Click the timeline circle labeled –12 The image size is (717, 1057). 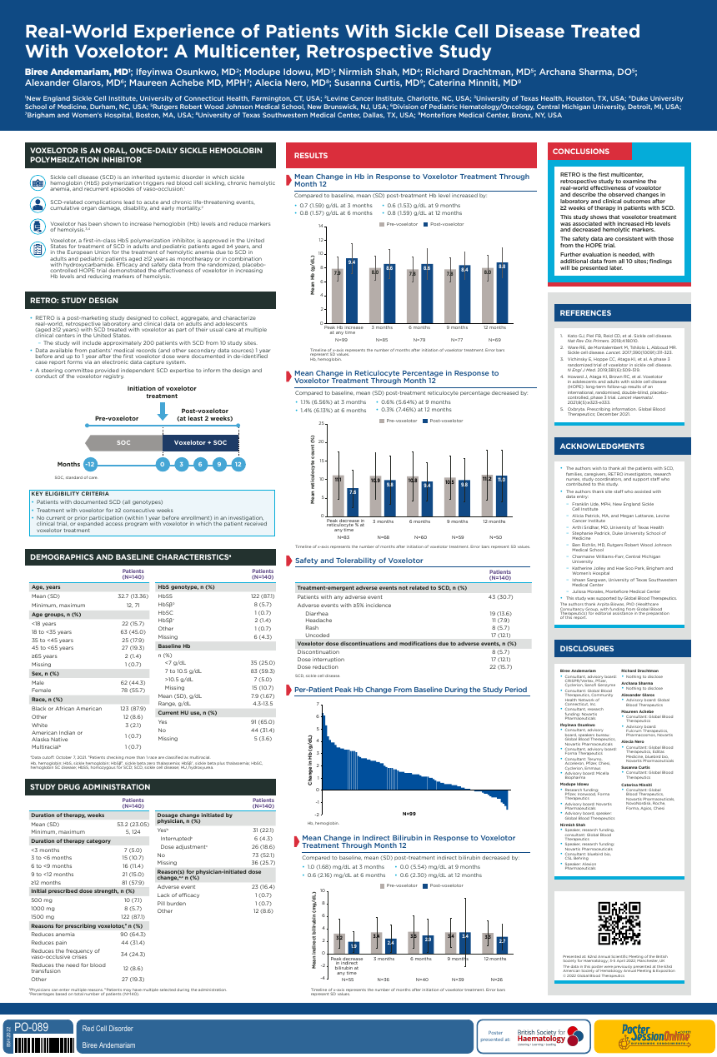(x=90, y=464)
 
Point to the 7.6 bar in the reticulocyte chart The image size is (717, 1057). (x=353, y=503)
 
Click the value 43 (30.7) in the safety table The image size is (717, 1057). (x=500, y=596)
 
